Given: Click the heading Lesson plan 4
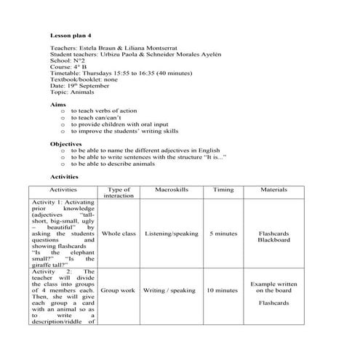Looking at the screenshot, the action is (x=71, y=34).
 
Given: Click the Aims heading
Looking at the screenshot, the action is (x=57, y=105).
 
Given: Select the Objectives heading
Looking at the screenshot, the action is (x=65, y=144).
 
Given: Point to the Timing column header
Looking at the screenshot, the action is (x=223, y=190).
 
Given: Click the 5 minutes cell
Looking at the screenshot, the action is (x=223, y=233).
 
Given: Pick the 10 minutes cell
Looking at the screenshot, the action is (x=222, y=290).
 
